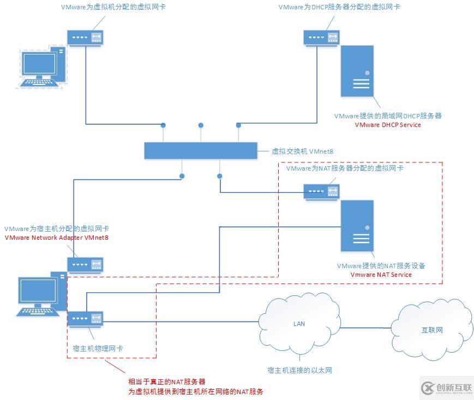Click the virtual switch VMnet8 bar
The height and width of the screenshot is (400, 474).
click(200, 150)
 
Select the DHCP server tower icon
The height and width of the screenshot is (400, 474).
click(357, 71)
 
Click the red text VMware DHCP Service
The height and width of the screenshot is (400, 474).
click(388, 125)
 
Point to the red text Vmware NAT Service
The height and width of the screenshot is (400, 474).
click(381, 275)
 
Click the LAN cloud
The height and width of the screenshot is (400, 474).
click(299, 325)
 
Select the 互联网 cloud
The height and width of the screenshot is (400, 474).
click(431, 330)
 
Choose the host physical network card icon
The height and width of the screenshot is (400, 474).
click(86, 319)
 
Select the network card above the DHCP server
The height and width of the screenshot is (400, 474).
click(321, 37)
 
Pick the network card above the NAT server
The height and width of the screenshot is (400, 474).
click(321, 191)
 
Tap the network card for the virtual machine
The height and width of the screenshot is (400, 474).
click(85, 37)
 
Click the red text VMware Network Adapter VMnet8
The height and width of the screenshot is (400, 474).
click(56, 238)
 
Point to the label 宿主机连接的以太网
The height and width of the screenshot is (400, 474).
click(299, 371)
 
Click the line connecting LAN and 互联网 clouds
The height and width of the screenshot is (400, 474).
click(365, 328)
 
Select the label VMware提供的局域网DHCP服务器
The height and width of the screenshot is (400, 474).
click(388, 116)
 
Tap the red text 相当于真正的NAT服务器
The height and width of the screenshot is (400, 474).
click(167, 381)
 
